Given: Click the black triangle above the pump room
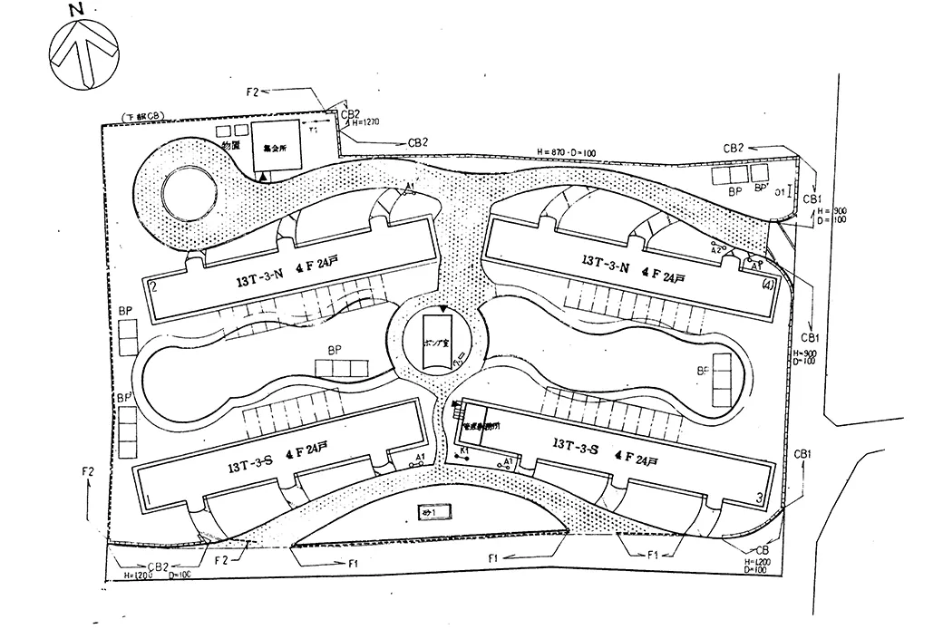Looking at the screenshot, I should click(442, 310).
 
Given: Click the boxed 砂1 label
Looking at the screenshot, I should click(431, 513).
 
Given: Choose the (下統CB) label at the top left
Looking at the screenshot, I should click(141, 119).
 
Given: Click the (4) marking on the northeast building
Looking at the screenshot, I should click(767, 283).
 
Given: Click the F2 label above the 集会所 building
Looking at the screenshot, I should click(252, 92).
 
